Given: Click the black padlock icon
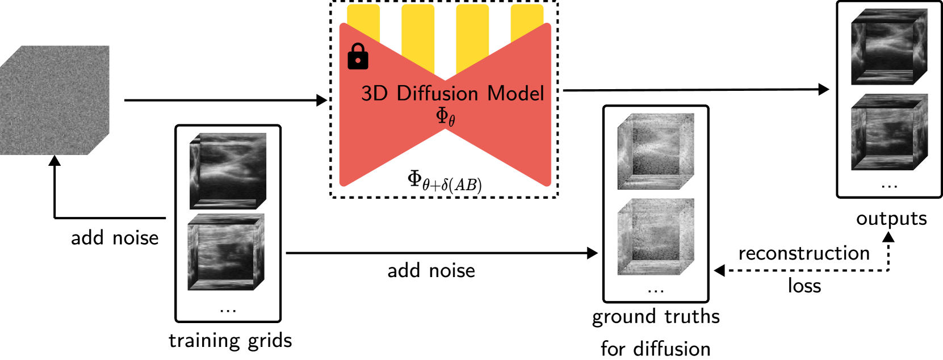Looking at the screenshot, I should (358, 57).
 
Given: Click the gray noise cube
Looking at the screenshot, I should (54, 101).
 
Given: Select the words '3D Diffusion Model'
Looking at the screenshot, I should (452, 93).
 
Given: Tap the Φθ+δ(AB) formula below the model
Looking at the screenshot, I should (445, 182).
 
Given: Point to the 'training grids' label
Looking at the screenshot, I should (230, 340).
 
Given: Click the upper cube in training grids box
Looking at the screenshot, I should (228, 171).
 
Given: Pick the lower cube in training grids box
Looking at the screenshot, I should (227, 252).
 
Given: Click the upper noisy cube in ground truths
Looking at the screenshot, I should (656, 151).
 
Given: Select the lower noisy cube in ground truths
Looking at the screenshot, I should (656, 236).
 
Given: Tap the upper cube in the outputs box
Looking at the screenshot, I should (889, 47).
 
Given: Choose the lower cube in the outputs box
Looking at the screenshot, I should (889, 132).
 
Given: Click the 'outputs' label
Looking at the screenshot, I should (891, 219).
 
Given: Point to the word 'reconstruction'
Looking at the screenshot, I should (804, 253).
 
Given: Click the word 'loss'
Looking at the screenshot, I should (804, 286).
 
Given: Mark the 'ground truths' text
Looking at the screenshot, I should (656, 316).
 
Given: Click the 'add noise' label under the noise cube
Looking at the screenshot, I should (115, 238).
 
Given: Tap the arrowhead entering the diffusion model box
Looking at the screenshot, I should (322, 101).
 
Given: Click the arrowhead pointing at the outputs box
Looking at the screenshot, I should (824, 89).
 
